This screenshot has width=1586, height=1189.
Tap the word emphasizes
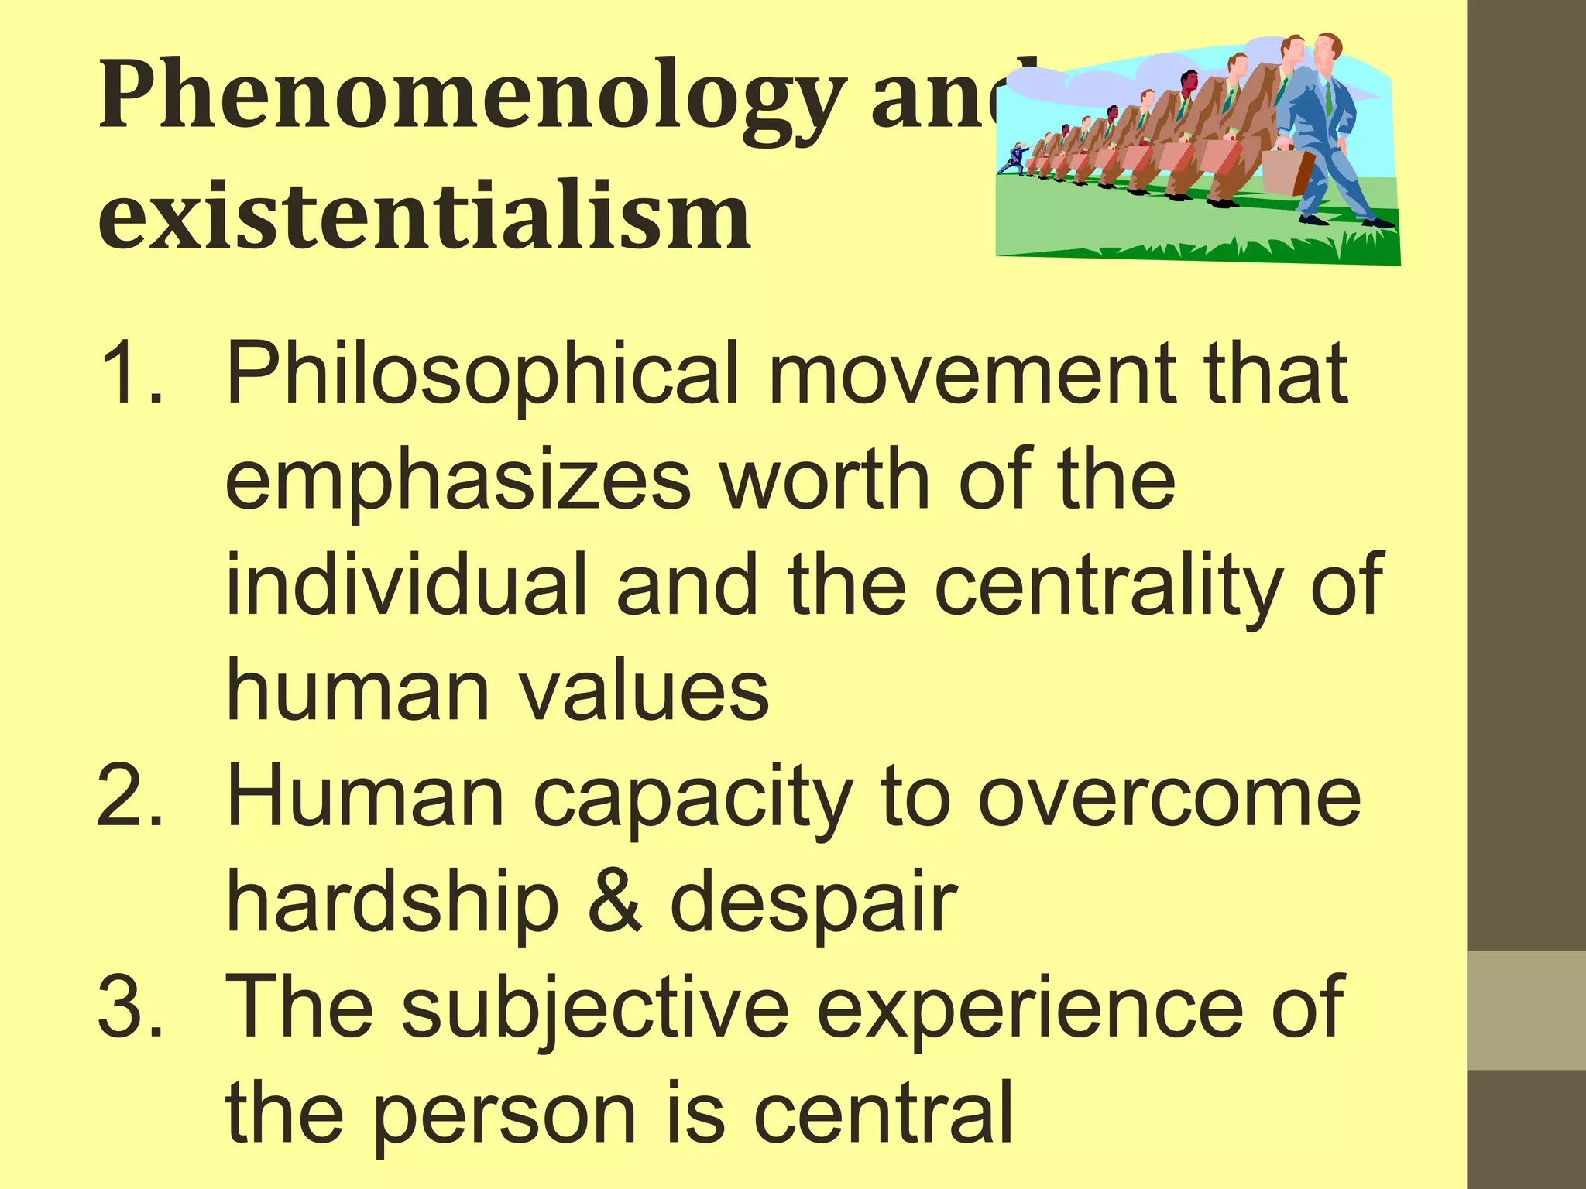[457, 481]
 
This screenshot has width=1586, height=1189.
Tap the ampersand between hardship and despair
[615, 903]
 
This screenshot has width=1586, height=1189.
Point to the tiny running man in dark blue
[1012, 159]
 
